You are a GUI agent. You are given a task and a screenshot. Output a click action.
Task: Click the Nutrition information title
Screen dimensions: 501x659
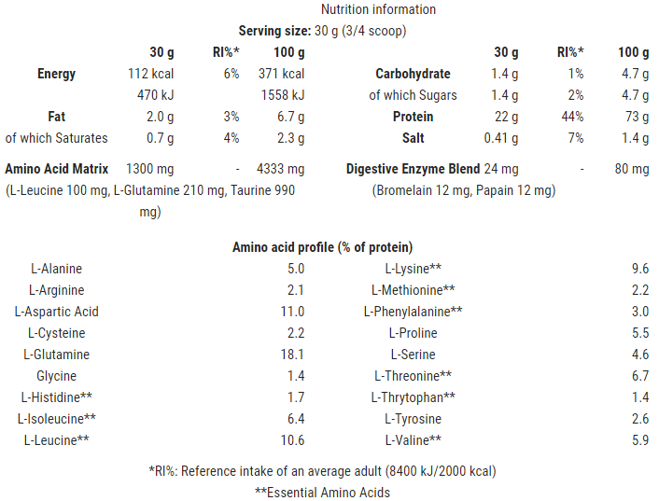tap(378, 9)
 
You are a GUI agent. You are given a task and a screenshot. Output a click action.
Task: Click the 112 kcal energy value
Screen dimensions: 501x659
tap(150, 74)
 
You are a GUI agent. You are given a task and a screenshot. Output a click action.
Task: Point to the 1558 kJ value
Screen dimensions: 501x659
tap(283, 95)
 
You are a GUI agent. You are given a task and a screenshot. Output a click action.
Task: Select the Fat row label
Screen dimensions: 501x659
tap(56, 117)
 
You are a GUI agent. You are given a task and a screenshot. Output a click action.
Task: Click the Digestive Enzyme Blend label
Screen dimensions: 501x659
tap(414, 169)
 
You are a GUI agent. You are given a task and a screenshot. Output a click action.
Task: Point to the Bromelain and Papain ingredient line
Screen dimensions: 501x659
tap(463, 190)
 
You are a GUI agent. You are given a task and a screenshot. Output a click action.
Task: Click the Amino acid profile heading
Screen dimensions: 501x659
tap(322, 247)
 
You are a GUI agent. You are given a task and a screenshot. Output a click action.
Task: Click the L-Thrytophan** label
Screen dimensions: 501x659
tap(414, 397)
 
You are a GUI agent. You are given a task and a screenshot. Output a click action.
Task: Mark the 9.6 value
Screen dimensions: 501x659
tap(639, 269)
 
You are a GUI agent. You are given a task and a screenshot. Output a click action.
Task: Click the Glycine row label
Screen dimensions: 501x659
tap(57, 376)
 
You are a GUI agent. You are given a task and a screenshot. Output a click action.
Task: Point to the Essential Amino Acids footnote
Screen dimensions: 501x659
tap(322, 492)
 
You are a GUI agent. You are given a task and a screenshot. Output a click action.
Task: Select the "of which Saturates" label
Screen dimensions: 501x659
tap(57, 138)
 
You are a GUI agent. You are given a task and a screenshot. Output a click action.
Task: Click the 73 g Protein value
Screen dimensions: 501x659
tap(637, 117)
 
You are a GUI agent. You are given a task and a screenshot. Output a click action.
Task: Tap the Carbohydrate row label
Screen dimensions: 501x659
tap(413, 74)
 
